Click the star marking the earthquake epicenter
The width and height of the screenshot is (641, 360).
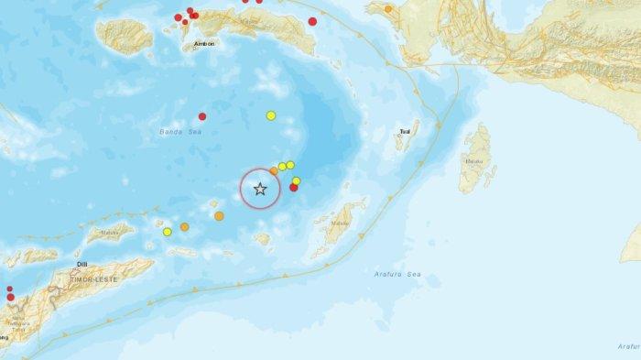(260, 190)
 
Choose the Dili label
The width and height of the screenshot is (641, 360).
(81, 263)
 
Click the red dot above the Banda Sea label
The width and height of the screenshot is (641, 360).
(202, 116)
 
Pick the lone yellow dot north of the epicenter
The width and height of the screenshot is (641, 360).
(271, 115)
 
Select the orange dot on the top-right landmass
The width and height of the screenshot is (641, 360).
(388, 9)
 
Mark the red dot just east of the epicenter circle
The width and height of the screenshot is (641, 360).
(294, 188)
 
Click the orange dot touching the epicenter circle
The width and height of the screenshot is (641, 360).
(274, 170)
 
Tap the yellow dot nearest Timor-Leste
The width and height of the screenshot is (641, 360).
(168, 232)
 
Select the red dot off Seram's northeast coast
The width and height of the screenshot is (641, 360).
(312, 21)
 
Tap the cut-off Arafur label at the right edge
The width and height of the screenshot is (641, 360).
(627, 345)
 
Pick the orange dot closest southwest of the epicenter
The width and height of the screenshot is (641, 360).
(219, 216)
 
